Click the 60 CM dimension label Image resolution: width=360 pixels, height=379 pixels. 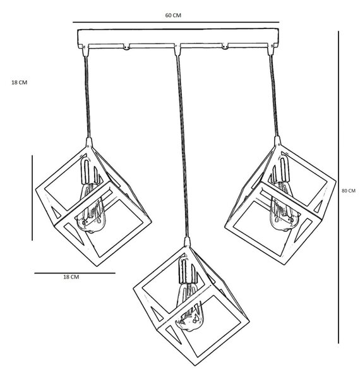tap(173, 15)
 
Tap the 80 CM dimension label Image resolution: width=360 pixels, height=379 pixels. tap(349, 191)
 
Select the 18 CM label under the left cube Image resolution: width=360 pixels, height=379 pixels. tap(71, 277)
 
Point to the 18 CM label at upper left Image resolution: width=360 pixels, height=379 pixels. tap(20, 82)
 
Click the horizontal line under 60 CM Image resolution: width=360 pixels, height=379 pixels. tap(176, 22)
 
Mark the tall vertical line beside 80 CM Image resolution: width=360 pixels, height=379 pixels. tap(339, 187)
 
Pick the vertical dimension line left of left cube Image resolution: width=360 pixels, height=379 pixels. tap(32, 198)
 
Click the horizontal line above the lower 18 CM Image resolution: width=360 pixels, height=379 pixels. tap(75, 273)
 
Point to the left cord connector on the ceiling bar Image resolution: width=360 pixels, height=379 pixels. tap(85, 51)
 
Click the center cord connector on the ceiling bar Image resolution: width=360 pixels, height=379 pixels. tap(177, 50)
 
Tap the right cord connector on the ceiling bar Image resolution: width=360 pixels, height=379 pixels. tap(270, 50)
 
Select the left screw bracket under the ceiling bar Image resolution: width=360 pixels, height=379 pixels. tap(126, 47)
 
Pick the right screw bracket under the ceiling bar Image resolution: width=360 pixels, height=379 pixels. tap(225, 46)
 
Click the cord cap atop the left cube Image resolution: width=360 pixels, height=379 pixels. tap(89, 143)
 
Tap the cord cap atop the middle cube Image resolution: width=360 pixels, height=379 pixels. tap(187, 242)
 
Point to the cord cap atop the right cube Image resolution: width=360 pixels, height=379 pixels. tap(278, 141)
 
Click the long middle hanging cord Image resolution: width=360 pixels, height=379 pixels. tap(182, 147)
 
